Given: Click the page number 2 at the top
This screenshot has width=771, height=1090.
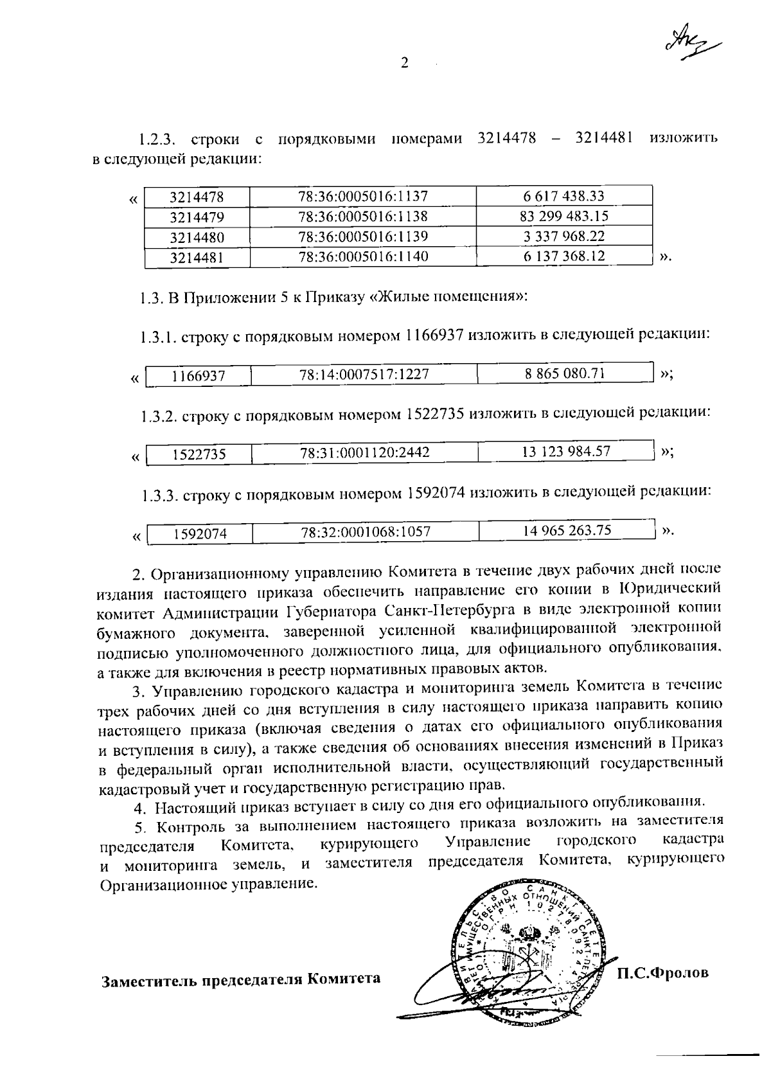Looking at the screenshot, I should pyautogui.click(x=404, y=62).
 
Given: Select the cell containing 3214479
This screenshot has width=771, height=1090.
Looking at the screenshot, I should pyautogui.click(x=197, y=217).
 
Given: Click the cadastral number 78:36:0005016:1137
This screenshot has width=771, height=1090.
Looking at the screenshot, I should pyautogui.click(x=363, y=196).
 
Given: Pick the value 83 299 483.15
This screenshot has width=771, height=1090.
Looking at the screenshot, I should pyautogui.click(x=564, y=216).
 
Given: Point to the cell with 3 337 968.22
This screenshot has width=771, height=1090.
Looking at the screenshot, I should pyautogui.click(x=564, y=236).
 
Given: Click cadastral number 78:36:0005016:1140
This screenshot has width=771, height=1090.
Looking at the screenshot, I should pyautogui.click(x=363, y=256).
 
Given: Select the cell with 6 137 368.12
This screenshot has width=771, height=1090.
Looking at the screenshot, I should pyautogui.click(x=564, y=256).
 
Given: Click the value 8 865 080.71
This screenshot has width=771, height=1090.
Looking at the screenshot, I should pyautogui.click(x=565, y=373).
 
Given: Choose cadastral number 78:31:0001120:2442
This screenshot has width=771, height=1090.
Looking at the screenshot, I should pyautogui.click(x=364, y=452).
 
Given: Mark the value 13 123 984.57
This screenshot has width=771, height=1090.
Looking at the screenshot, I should pyautogui.click(x=565, y=451).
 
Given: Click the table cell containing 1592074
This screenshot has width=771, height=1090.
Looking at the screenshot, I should pyautogui.click(x=200, y=533).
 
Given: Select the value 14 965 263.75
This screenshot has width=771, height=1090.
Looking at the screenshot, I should pyautogui.click(x=567, y=530).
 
